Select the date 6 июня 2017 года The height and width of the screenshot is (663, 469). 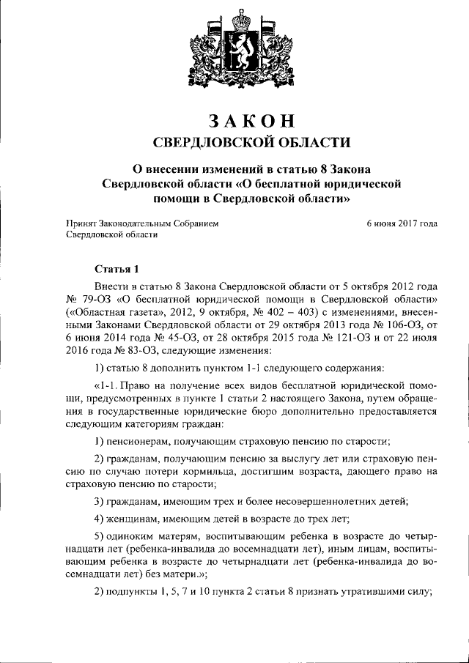[x=402, y=223]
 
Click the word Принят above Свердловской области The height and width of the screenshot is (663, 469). [x=82, y=223]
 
